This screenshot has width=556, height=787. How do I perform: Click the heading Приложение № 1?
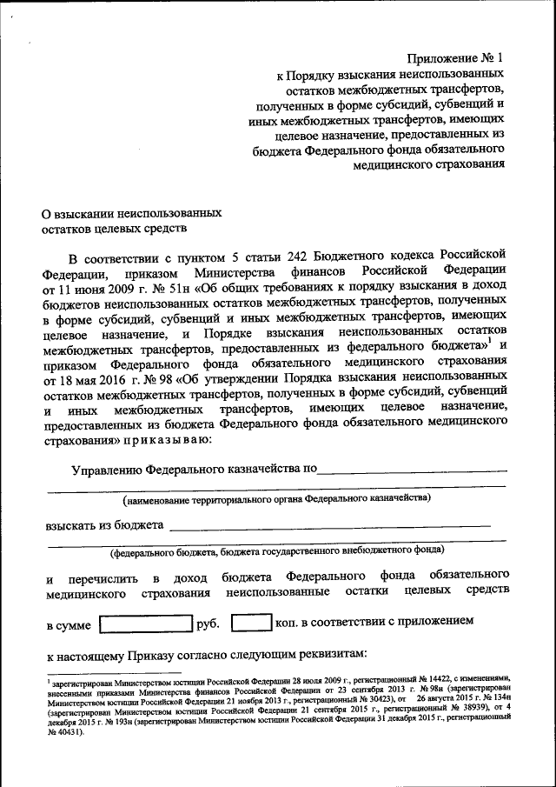click(455, 58)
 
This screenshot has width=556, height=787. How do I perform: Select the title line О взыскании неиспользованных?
click(133, 212)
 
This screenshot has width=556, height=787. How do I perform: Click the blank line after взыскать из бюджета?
click(330, 525)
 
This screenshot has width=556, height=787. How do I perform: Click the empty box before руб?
click(145, 624)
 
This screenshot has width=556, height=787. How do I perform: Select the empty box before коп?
click(253, 624)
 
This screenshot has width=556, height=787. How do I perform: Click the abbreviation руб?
click(208, 624)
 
